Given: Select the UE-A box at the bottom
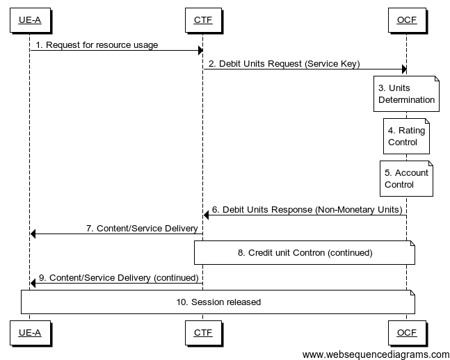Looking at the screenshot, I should pos(29,333).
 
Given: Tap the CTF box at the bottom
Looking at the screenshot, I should pos(202,333).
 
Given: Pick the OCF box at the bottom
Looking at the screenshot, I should pos(406,333).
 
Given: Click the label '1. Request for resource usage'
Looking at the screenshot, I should pos(97,45).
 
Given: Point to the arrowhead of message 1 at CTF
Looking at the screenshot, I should pos(200,50).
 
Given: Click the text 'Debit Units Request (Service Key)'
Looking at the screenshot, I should pos(289,64).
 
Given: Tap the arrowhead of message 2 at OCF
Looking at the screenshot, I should pos(403,69).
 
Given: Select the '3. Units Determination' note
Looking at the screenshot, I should pos(406,94).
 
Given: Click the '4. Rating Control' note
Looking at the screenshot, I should pos(406,136).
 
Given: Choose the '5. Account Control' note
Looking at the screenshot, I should pos(406,179).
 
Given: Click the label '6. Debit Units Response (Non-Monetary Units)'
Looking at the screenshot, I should pos(306,209).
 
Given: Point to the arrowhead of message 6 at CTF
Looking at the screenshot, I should pos(206,215).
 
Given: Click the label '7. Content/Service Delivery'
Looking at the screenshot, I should pos(141,228).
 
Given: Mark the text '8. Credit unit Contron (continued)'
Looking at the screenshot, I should pos(305,253).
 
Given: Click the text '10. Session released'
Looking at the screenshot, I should pos(218,302).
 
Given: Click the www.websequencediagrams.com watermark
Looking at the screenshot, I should pos(376,354).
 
